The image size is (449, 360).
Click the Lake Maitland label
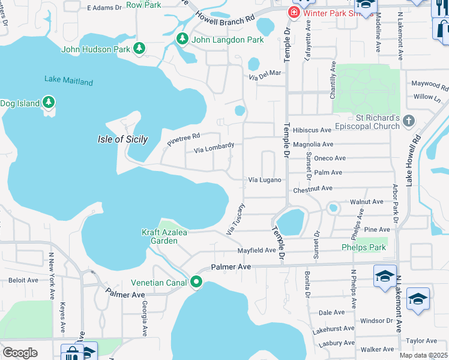pos(68,81)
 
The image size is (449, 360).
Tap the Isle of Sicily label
pos(122,139)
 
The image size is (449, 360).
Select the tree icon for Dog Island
pos(48,103)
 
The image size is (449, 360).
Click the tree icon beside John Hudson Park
pos(139,47)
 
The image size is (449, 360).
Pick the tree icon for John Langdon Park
pos(182,40)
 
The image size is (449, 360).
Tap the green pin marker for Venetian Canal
pos(196,282)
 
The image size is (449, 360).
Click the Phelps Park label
pos(363,247)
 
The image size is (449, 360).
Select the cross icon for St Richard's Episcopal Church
pos(409,121)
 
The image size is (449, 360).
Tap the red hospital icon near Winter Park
pos(294,12)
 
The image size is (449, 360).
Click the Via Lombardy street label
pos(214,148)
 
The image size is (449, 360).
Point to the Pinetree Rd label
pos(184,139)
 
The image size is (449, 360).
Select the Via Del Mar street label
pos(265,73)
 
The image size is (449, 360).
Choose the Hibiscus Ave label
pos(312,130)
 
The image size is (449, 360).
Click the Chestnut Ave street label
pos(313,188)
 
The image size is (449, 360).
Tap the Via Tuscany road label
pos(235,220)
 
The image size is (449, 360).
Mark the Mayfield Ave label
pos(256,250)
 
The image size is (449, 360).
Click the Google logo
pos(20,352)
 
